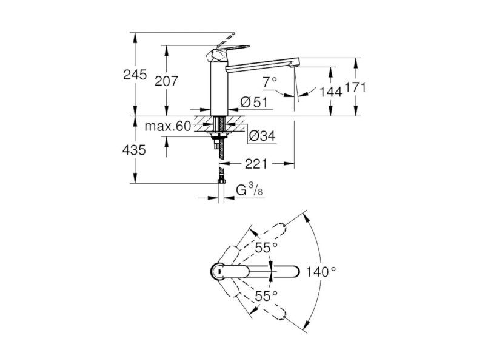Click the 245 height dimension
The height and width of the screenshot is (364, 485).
point(135,75)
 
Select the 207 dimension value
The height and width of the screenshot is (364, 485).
point(166,81)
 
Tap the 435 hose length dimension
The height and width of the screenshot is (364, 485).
point(134,150)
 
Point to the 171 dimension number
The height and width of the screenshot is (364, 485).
point(355,87)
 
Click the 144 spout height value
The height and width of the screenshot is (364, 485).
point(330,92)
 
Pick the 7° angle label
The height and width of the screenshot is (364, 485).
point(270,82)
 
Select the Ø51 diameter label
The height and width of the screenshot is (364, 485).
point(253,102)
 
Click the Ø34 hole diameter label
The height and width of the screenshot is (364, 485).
point(263,136)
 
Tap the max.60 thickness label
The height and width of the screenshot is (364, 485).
point(168,126)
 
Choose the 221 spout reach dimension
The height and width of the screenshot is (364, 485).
point(256,164)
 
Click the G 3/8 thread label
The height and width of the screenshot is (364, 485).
point(249,189)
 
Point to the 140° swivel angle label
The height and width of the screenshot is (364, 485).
point(321,272)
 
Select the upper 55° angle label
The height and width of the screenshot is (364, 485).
point(266,248)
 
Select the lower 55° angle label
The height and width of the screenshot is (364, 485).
point(266,296)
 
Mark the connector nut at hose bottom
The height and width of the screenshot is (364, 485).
point(221,180)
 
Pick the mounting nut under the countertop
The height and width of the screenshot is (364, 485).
point(219,134)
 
